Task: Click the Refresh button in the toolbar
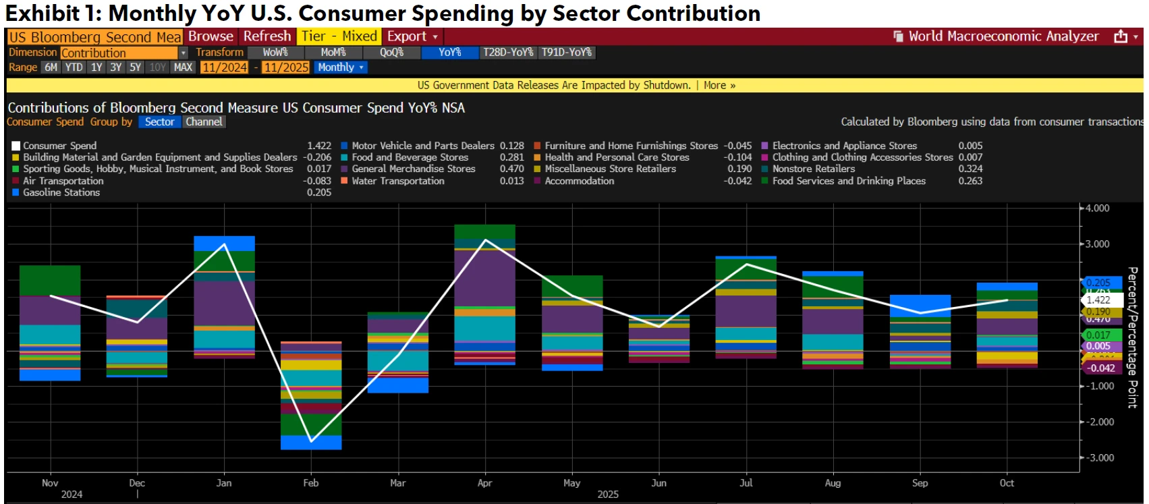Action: click(267, 36)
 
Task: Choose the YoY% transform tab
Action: click(449, 52)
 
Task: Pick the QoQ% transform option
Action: click(391, 52)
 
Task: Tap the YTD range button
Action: click(74, 67)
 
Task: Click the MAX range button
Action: click(183, 67)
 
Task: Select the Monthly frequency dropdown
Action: click(341, 67)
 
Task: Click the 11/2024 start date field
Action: click(225, 67)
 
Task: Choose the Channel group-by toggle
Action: click(204, 122)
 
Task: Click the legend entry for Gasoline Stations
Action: click(61, 192)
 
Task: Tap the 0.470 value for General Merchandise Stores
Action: click(511, 169)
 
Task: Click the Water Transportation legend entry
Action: click(397, 181)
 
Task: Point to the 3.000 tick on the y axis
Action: click(1097, 244)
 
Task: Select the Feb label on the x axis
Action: click(311, 483)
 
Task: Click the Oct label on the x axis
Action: click(1007, 483)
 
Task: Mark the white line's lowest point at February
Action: click(311, 442)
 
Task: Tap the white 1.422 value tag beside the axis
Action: click(1100, 300)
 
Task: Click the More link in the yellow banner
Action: click(719, 86)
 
